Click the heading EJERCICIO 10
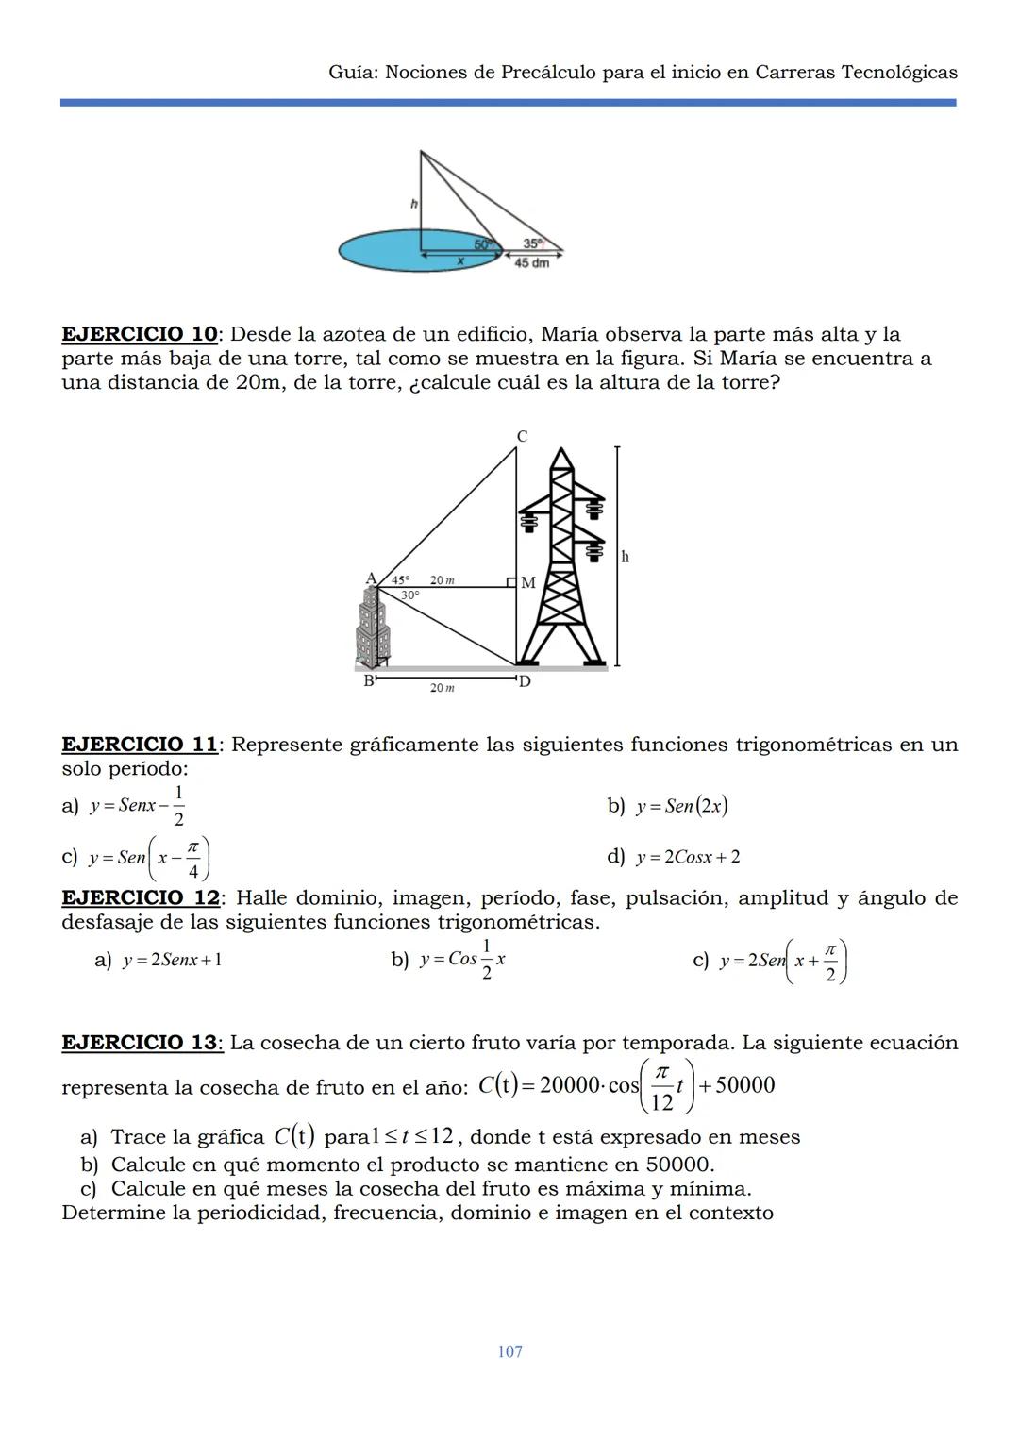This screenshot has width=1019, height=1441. pyautogui.click(x=140, y=334)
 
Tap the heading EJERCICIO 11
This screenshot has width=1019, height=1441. pyautogui.click(x=140, y=745)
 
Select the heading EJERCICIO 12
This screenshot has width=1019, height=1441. pyautogui.click(x=140, y=897)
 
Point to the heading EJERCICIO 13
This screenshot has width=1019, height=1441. pyautogui.click(x=140, y=1043)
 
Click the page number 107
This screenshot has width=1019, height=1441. pyautogui.click(x=509, y=1351)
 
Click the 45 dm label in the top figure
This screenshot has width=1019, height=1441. pyautogui.click(x=531, y=263)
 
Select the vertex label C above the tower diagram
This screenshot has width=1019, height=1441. pyautogui.click(x=522, y=436)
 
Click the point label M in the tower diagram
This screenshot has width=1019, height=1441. pyautogui.click(x=528, y=583)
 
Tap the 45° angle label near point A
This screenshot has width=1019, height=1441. pyautogui.click(x=400, y=580)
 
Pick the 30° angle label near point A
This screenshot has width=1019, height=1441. pyautogui.click(x=409, y=595)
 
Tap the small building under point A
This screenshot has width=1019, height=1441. pyautogui.click(x=373, y=628)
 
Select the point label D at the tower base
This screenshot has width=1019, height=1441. pyautogui.click(x=525, y=681)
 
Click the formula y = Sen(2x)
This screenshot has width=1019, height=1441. pyautogui.click(x=681, y=806)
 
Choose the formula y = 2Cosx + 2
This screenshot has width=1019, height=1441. pyautogui.click(x=688, y=857)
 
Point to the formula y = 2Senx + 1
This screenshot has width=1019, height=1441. pyautogui.click(x=172, y=961)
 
